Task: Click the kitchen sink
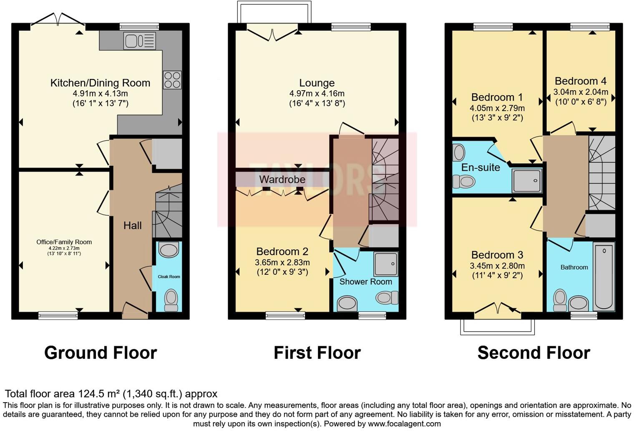click(x=140, y=41)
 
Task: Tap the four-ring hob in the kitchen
click(x=172, y=80)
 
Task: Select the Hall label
click(x=133, y=226)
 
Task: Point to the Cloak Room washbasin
click(x=169, y=249)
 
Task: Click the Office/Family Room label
click(x=64, y=242)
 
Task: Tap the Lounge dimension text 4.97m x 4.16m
click(x=317, y=94)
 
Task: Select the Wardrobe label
click(x=282, y=179)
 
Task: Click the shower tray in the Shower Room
click(x=386, y=264)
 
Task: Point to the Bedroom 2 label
click(x=282, y=251)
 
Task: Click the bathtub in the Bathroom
click(x=604, y=276)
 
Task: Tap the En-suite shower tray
click(x=527, y=181)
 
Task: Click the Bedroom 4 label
click(x=581, y=81)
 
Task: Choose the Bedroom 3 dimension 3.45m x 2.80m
click(x=497, y=266)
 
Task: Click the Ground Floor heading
click(x=101, y=353)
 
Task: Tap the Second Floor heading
click(x=534, y=353)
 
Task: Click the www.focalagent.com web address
click(x=404, y=424)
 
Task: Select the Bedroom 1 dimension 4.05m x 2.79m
click(x=497, y=108)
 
